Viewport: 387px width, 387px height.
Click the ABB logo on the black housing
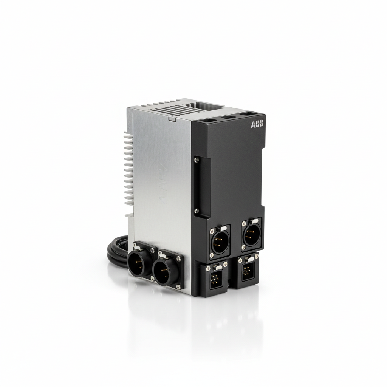[257, 124]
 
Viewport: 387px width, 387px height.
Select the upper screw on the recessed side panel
[196, 160]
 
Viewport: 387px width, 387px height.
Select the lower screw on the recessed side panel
[196, 210]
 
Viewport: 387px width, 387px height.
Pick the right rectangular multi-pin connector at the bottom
[246, 272]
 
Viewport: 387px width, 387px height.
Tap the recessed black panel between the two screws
[203, 185]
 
